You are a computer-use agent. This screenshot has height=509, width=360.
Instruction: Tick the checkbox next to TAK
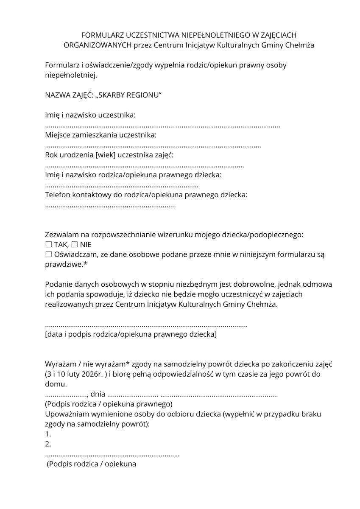[x=48, y=245]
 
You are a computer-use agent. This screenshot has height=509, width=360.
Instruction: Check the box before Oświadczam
[x=48, y=255]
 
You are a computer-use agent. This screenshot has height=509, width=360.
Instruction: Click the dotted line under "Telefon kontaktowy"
[x=110, y=206]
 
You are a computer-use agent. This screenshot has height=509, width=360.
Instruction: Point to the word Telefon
[x=58, y=195]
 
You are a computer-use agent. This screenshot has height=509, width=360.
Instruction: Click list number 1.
[x=48, y=434]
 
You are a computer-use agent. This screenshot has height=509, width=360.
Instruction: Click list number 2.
[x=48, y=444]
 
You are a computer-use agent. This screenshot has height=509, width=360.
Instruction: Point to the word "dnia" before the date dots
[x=98, y=394]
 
